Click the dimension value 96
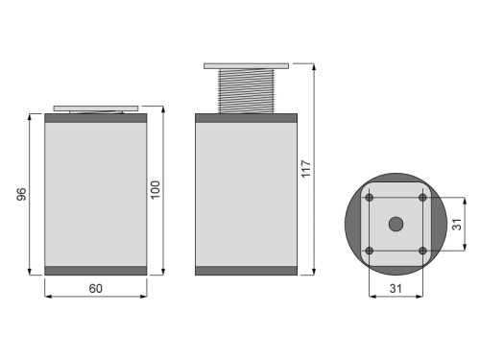tap(22, 195)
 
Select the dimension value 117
tap(306, 169)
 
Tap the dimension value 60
tap(95, 288)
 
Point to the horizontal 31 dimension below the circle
tap(396, 288)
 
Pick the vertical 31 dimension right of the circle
tap(458, 224)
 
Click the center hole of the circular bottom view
tap(396, 224)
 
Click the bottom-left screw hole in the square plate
tap(370, 251)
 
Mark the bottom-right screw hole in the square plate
tap(422, 251)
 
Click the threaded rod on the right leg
tap(246, 91)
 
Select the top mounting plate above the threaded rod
tap(246, 66)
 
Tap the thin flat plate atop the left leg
tap(95, 108)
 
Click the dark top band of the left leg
tap(95, 119)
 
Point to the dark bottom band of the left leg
tap(95, 270)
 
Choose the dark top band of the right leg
tap(246, 119)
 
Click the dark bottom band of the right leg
tap(246, 270)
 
